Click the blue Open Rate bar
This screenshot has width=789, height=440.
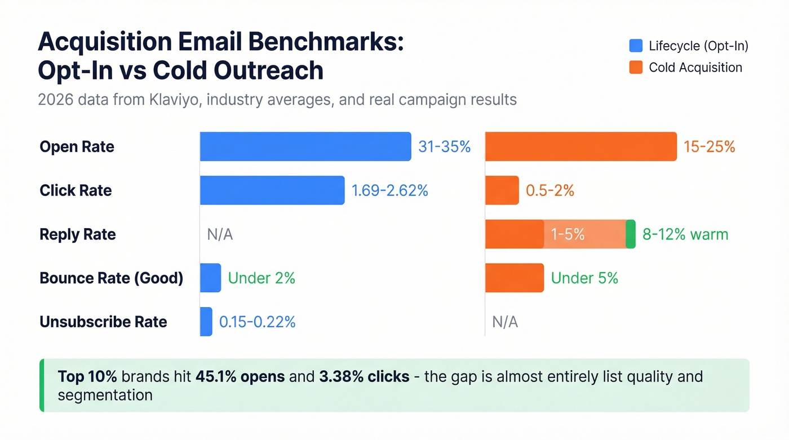[305, 146]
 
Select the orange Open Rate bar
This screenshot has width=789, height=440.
[580, 146]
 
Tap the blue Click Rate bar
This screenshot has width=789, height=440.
[272, 190]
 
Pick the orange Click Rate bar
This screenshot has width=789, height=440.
[502, 190]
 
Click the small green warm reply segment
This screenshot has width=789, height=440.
[631, 234]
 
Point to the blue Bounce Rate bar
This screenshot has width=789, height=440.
[211, 278]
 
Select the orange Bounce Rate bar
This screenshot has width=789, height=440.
[515, 278]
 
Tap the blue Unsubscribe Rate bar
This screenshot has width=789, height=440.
[206, 322]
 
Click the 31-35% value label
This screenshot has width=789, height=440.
[444, 147]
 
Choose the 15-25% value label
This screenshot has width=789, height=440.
[709, 147]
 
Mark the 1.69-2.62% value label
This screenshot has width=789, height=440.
[389, 191]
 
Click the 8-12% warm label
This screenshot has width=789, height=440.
[685, 234]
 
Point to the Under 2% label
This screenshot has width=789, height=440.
[261, 278]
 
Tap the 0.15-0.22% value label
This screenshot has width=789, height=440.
[257, 322]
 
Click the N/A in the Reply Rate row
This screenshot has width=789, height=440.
[220, 235]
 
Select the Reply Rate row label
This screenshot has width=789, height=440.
[78, 235]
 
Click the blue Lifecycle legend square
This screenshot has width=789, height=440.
[636, 46]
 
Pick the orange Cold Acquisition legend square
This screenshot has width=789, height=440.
[636, 68]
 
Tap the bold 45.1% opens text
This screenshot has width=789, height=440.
[240, 376]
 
